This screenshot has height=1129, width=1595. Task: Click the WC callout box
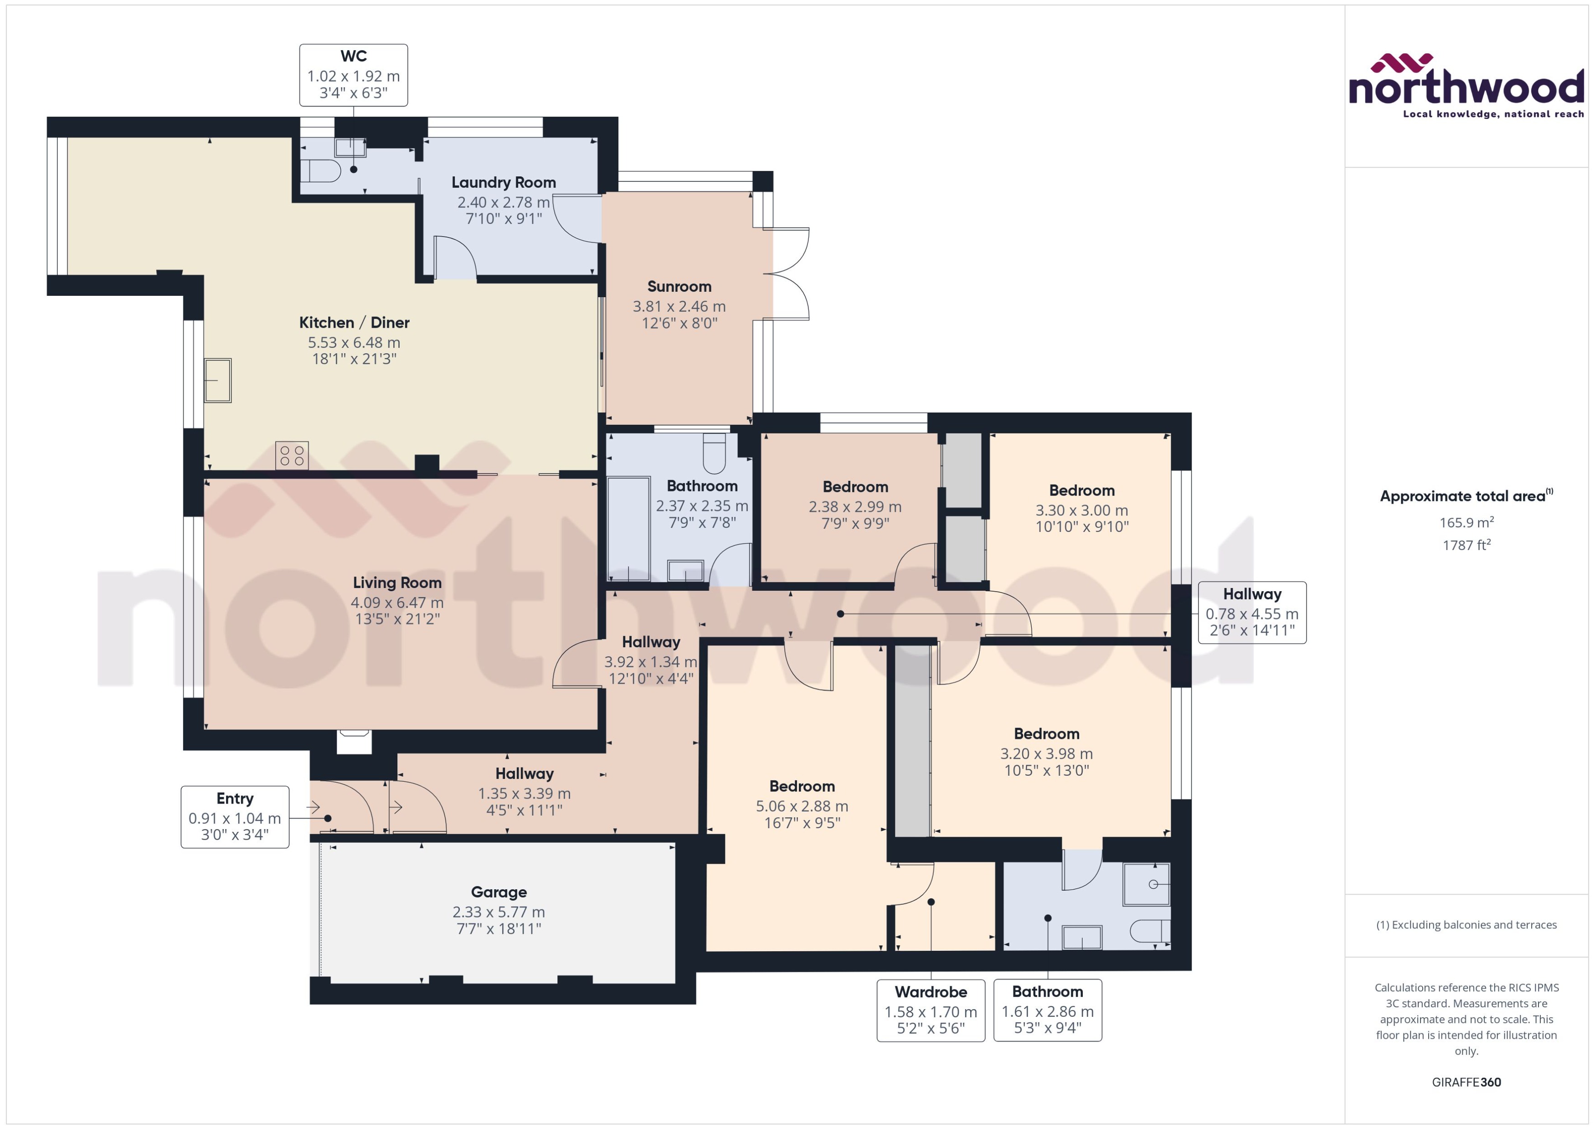tap(353, 75)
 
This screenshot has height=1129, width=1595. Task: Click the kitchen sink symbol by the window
tap(217, 380)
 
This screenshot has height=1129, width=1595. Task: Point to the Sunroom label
tap(679, 286)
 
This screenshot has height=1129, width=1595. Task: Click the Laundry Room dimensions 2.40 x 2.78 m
tap(503, 202)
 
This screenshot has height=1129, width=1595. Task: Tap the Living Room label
tap(397, 583)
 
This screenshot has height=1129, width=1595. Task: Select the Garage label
tap(498, 892)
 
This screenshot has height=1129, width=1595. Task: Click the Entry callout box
tap(235, 817)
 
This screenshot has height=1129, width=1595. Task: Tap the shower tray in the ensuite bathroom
tap(1147, 884)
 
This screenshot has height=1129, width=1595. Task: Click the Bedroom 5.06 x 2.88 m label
tap(802, 786)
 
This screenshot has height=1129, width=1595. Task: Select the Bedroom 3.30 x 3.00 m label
tap(1081, 491)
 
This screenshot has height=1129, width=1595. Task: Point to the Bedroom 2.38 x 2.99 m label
tap(855, 487)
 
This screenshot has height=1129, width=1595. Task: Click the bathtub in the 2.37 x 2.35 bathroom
tap(629, 528)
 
